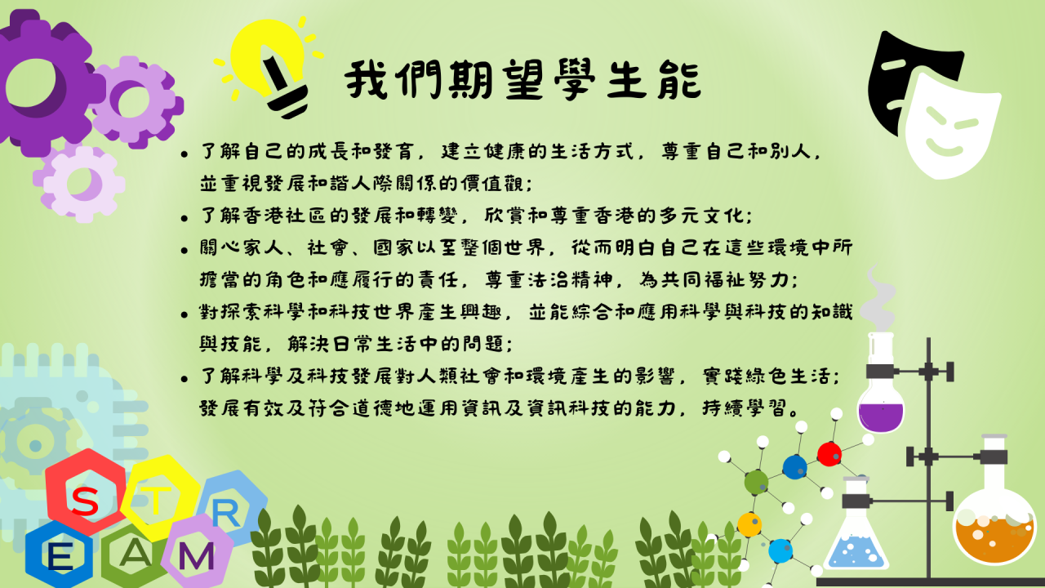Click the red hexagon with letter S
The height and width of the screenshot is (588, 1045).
87,492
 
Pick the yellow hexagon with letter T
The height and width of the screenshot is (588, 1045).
158,497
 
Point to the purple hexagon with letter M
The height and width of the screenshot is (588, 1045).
198,553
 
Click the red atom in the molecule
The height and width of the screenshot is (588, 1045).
829,453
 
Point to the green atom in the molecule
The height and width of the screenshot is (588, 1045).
756,482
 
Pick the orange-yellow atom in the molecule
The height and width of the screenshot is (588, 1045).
749,524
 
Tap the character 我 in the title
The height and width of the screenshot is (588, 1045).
367,79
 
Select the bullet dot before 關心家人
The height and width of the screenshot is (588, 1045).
185,251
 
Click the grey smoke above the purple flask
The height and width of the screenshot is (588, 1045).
877,299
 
